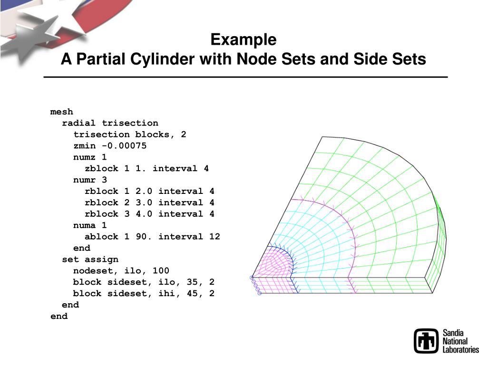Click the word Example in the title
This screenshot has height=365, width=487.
pyautogui.click(x=243, y=39)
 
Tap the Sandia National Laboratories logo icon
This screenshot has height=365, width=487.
pyautogui.click(x=426, y=341)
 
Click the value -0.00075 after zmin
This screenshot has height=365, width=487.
pyautogui.click(x=124, y=146)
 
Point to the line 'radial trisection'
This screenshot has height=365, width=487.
pyautogui.click(x=110, y=123)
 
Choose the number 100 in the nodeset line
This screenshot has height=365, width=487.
pyautogui.click(x=161, y=271)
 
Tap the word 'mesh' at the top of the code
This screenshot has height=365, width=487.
pyautogui.click(x=62, y=112)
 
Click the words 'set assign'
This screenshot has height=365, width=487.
pyautogui.click(x=90, y=259)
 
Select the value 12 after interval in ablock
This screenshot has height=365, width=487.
pyautogui.click(x=214, y=237)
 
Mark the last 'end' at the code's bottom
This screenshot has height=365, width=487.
pyautogui.click(x=59, y=317)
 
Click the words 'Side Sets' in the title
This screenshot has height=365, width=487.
pyautogui.click(x=390, y=59)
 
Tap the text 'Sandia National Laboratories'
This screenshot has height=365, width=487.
pyautogui.click(x=460, y=341)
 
